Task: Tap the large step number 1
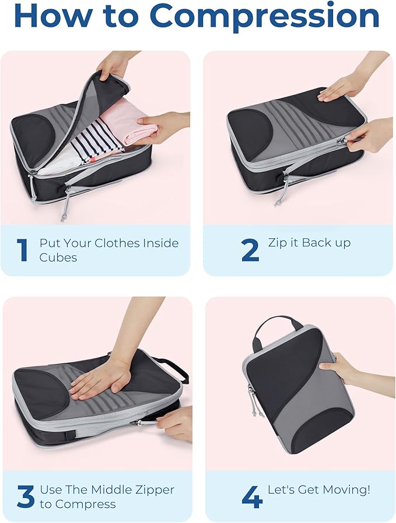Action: point(22,250)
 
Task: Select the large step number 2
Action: point(250,250)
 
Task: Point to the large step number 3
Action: point(26,496)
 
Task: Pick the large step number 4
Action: point(252,496)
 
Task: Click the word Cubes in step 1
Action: point(58,257)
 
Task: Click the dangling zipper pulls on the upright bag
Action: point(254,400)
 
